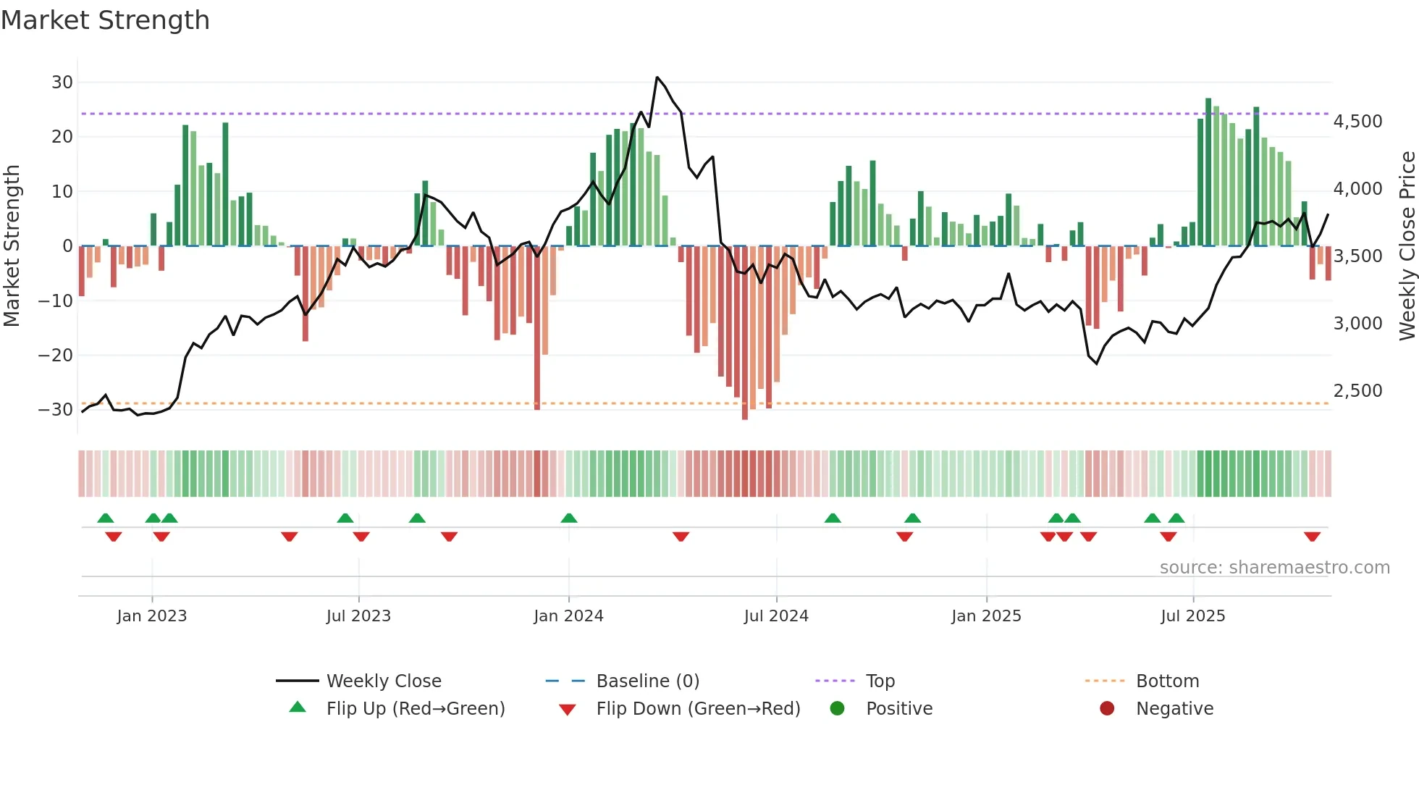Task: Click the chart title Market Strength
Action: click(x=105, y=20)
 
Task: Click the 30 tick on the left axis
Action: click(x=62, y=83)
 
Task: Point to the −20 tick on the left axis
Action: click(x=56, y=355)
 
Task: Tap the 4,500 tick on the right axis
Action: click(x=1357, y=122)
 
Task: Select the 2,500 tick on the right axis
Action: click(x=1357, y=391)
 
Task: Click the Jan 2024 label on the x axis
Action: click(x=568, y=616)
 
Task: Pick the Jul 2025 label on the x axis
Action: click(x=1192, y=616)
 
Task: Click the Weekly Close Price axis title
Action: click(x=1407, y=246)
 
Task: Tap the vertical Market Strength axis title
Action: click(x=12, y=246)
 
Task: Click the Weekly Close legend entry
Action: click(x=384, y=681)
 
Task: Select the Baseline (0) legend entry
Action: click(x=647, y=681)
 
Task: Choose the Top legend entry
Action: click(x=880, y=681)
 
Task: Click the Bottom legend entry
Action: click(x=1167, y=681)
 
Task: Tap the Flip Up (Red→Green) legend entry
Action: click(x=415, y=709)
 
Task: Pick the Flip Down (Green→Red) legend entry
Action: click(x=698, y=709)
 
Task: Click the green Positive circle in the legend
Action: click(x=838, y=709)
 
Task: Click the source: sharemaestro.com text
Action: click(x=1274, y=568)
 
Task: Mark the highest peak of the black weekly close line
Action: click(x=657, y=77)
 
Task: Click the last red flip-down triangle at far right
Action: click(x=1312, y=537)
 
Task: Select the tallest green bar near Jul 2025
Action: click(x=1208, y=172)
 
